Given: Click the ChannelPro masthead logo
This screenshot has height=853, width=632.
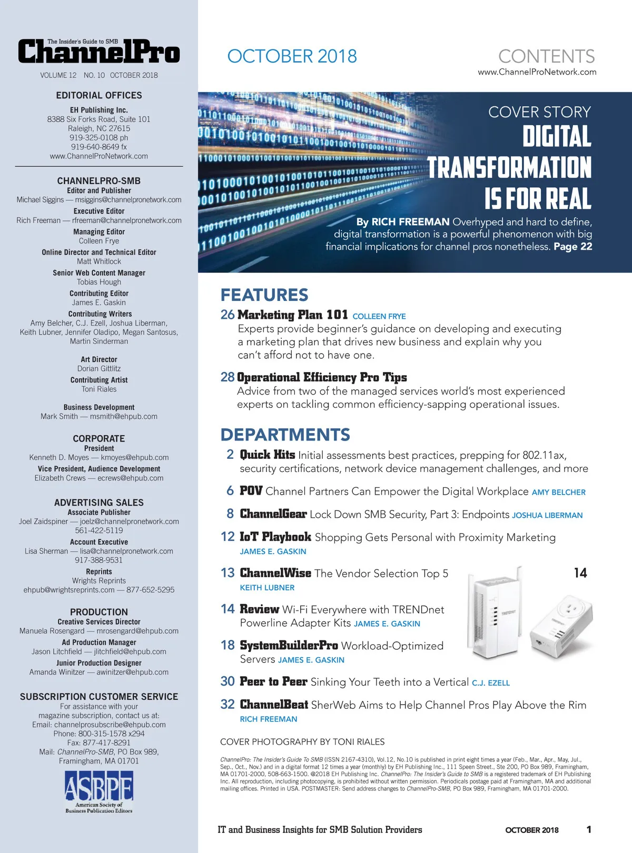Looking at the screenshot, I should coord(99,52).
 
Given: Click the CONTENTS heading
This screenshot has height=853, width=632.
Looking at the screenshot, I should coord(546,56).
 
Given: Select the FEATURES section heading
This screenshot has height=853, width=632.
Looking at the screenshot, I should coord(264,295).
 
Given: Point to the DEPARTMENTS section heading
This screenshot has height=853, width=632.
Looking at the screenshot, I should coord(285,435).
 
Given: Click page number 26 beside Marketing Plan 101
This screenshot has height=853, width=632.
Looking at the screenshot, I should coord(228,315).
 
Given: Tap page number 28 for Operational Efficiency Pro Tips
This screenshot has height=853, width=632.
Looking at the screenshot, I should coord(228,377).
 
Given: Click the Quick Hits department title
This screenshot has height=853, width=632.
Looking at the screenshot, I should coord(267,455).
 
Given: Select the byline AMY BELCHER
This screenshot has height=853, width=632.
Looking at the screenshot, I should coord(558,493).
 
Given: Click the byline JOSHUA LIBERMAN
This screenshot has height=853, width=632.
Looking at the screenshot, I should coord(547,516).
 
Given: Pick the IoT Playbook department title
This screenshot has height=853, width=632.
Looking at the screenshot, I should coord(275,537).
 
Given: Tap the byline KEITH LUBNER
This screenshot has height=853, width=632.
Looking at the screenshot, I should coord(267,588).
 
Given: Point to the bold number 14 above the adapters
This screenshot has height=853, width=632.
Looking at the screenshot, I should coord(580,573).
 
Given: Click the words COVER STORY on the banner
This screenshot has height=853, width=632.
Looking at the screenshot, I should coord(539,112).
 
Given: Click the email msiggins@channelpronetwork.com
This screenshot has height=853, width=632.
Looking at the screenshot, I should coord(128,200).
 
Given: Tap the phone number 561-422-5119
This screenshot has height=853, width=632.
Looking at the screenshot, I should coord(99,530).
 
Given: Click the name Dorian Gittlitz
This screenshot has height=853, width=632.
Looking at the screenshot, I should coord(99,369).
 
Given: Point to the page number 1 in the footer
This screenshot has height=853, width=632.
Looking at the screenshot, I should coord(589,830).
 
